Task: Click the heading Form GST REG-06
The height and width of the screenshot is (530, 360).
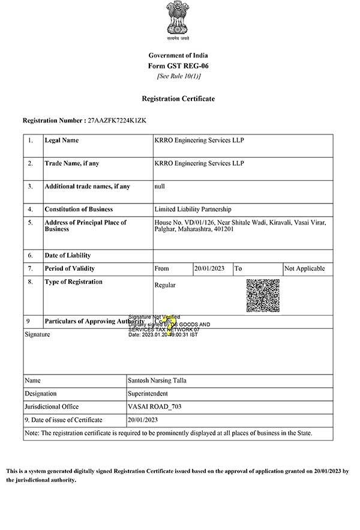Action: (x=178, y=65)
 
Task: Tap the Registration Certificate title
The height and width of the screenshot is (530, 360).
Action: (x=178, y=98)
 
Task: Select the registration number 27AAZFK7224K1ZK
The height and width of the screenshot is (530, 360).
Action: (x=117, y=121)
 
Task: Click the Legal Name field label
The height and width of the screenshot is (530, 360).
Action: (x=62, y=140)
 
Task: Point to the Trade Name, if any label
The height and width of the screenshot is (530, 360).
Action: (x=72, y=163)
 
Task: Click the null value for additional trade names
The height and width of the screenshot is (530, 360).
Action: (x=160, y=187)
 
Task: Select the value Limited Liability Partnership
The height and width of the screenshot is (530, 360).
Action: (x=193, y=209)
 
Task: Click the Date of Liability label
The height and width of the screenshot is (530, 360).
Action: (x=67, y=256)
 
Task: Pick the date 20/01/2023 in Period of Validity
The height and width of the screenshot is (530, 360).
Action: (x=209, y=269)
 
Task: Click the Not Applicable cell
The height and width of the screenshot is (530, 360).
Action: (x=305, y=269)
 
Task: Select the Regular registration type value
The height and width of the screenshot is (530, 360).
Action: (x=165, y=285)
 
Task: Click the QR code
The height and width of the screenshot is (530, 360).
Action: (x=263, y=295)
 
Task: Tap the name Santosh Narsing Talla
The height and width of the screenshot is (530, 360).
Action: (x=157, y=381)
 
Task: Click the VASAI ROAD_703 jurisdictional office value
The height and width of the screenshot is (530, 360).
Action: (x=155, y=407)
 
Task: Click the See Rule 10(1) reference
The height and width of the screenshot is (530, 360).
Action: (x=178, y=76)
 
